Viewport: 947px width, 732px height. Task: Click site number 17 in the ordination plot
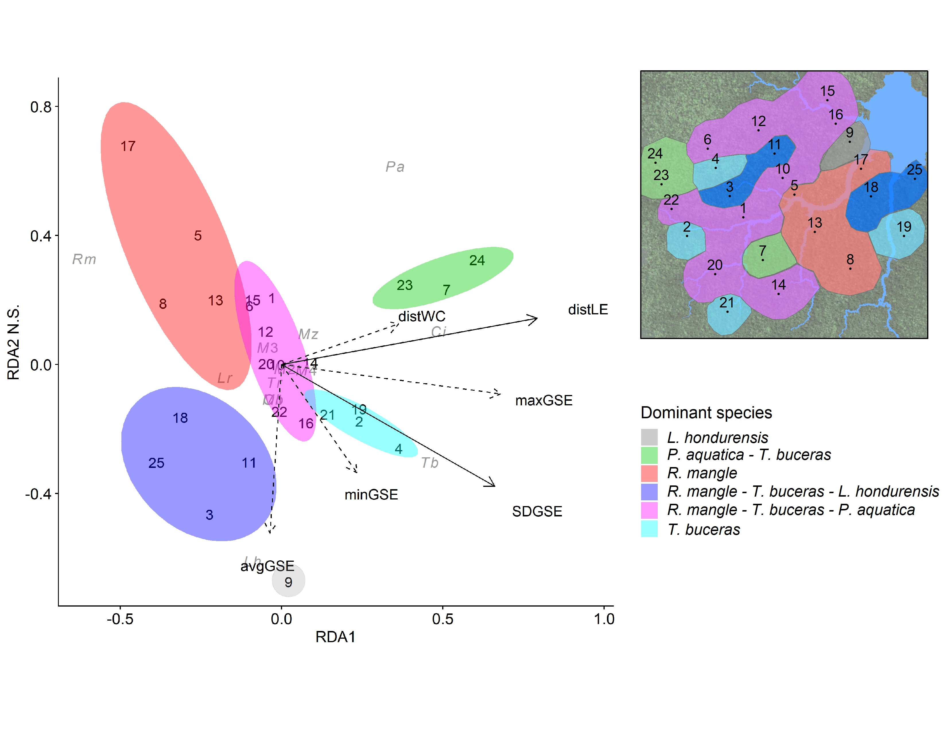[x=128, y=146]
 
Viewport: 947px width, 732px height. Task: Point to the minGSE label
[x=371, y=495]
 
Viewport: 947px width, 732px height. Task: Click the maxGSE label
[x=544, y=400]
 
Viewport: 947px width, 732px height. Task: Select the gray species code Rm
[x=84, y=259]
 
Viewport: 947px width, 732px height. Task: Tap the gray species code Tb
[x=430, y=463]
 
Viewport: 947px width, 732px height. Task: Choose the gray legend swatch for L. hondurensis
[x=649, y=437]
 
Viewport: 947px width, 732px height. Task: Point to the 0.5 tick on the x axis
[x=443, y=619]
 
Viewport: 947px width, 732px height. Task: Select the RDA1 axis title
[x=335, y=637]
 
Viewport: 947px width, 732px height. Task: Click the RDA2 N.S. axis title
[x=13, y=342]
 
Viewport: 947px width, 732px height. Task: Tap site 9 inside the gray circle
[x=288, y=582]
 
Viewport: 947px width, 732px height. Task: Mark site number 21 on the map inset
[x=727, y=303]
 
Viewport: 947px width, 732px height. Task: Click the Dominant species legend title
[x=706, y=413]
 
